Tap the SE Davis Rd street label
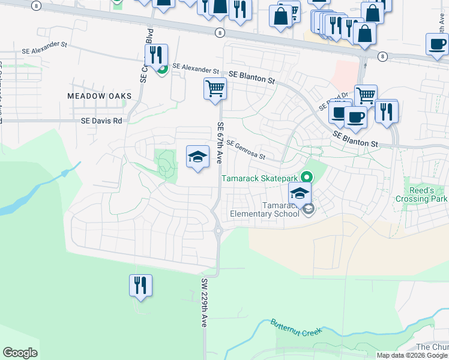101,121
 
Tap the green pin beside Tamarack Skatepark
307,177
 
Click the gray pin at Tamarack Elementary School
309,209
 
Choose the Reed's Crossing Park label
421,194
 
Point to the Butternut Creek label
297,327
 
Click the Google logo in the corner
20,353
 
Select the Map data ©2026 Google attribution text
412,355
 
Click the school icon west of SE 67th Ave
197,157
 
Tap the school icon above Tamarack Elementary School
300,193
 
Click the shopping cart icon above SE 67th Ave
215,89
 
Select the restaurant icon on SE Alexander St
156,55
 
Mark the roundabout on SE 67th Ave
218,230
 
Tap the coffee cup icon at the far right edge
437,44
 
